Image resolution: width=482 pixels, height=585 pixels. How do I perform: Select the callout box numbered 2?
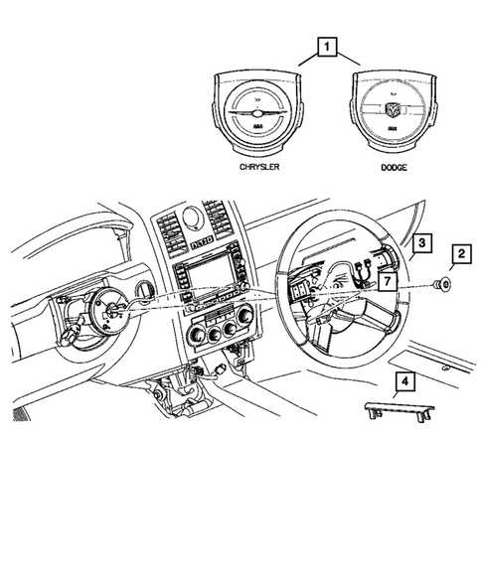[x=460, y=256]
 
